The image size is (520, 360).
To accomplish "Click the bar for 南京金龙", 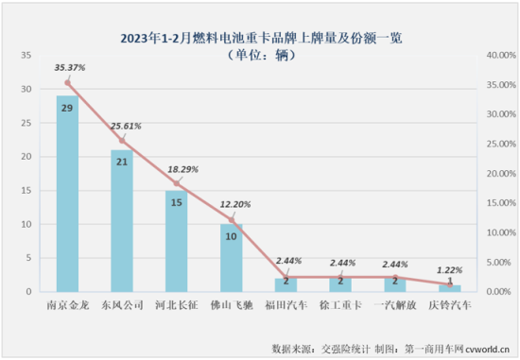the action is [x=67, y=194].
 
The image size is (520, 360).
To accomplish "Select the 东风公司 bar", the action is [x=122, y=221].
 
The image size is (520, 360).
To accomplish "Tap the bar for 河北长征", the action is [x=177, y=241].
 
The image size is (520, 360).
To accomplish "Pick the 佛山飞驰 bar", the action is [x=231, y=258].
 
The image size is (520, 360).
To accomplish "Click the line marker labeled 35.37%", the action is [x=68, y=83].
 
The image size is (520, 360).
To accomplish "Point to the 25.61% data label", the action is [x=126, y=126].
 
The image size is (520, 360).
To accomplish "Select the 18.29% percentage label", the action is [x=182, y=169].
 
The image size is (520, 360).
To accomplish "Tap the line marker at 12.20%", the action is [x=232, y=220].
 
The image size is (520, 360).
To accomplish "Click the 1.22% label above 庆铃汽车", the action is [x=449, y=270].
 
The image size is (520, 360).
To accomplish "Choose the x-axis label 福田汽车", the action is [x=286, y=305].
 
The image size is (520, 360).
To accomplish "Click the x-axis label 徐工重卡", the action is [x=340, y=305].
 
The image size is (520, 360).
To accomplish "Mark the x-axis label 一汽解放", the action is [x=395, y=305].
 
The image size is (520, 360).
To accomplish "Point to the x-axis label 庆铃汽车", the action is [x=450, y=305].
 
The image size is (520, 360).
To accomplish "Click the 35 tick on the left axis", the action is [x=26, y=55].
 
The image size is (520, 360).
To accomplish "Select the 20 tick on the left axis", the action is [x=26, y=157].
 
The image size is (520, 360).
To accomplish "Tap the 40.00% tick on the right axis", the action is [x=501, y=55].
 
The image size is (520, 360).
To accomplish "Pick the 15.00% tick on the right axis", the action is [x=501, y=203].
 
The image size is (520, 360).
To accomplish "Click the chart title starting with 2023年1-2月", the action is [x=261, y=38].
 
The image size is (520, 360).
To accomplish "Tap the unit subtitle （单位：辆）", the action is [x=261, y=55].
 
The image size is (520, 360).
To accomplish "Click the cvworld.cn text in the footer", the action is [x=487, y=349].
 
